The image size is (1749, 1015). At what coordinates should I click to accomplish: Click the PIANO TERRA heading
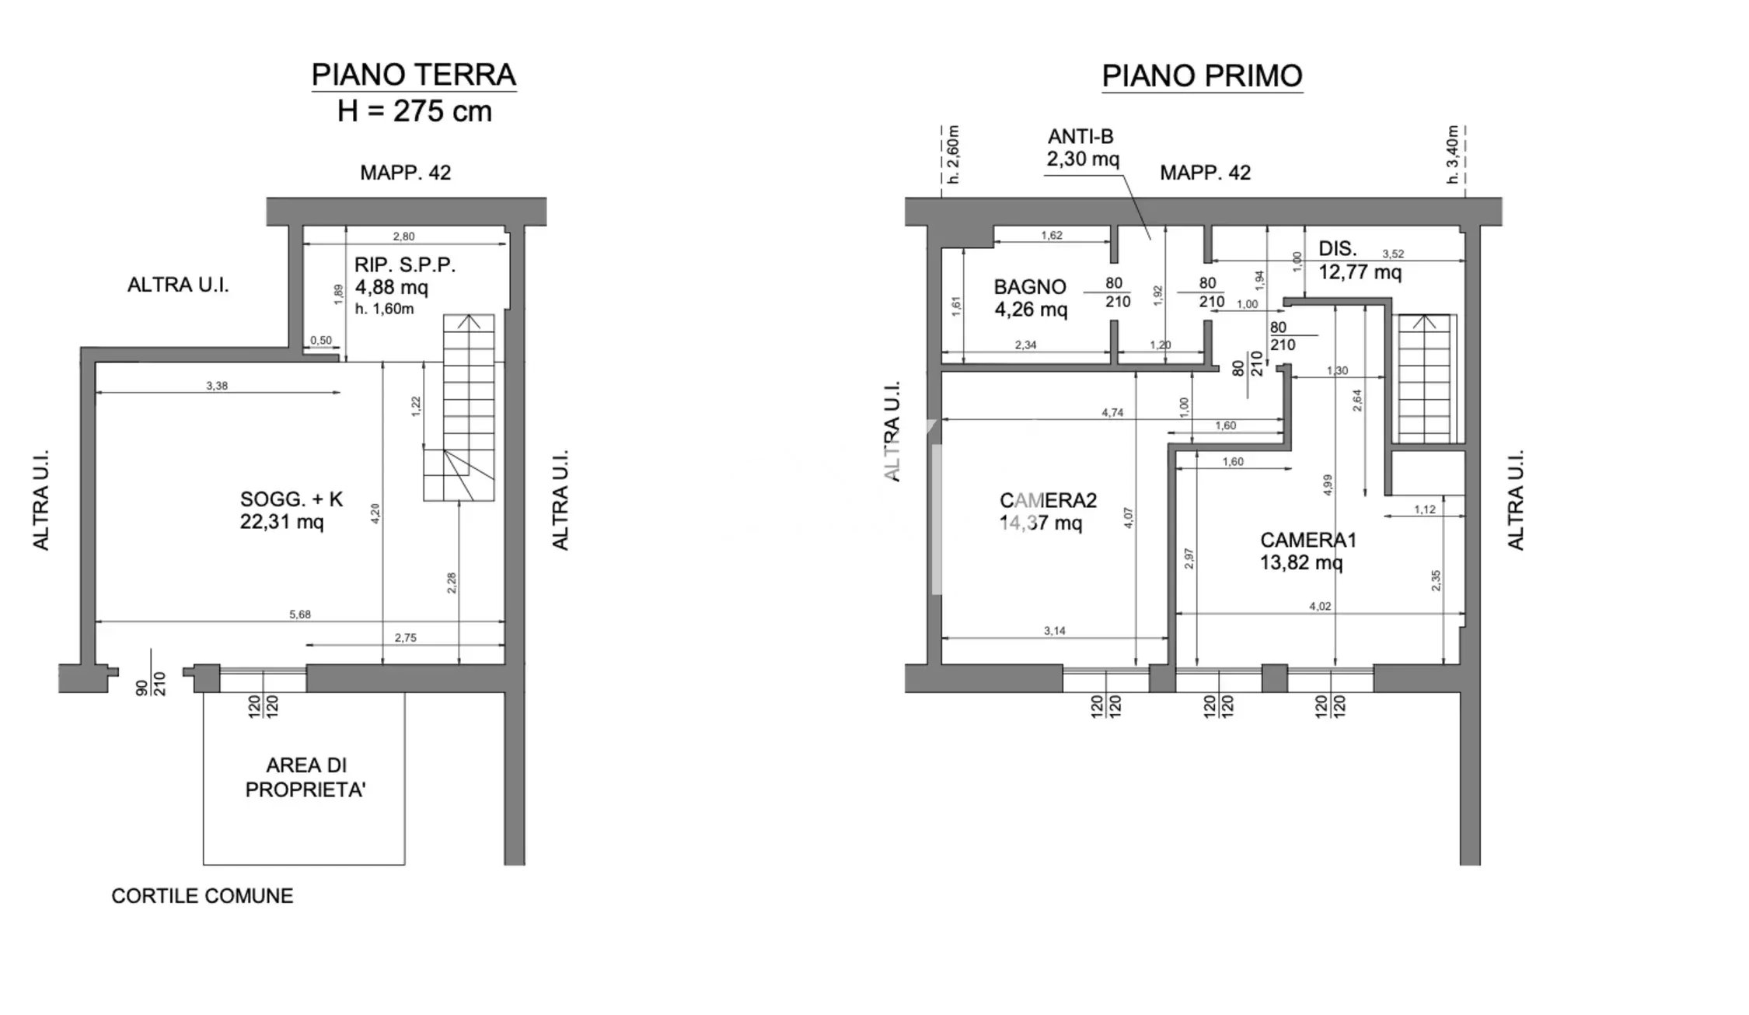click(x=414, y=75)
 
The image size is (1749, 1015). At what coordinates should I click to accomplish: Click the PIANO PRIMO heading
click(x=1202, y=76)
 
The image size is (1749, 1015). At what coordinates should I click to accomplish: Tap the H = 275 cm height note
click(x=414, y=111)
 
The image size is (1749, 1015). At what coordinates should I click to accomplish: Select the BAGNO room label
click(x=1029, y=287)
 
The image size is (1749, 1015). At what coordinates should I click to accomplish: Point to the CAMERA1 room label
click(x=1308, y=540)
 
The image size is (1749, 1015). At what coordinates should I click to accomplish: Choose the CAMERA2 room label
click(x=1048, y=500)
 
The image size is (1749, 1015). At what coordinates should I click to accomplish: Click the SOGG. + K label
click(x=291, y=499)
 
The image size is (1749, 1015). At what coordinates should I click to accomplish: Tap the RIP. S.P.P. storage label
click(x=405, y=265)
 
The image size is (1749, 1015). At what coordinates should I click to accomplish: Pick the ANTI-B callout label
click(x=1080, y=137)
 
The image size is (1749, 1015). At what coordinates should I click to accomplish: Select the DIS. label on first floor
click(x=1337, y=249)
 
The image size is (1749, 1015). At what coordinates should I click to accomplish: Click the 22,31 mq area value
click(x=281, y=522)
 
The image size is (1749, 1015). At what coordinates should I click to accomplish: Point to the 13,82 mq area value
click(x=1301, y=562)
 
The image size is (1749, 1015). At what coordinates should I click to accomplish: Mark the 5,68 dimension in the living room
click(x=300, y=614)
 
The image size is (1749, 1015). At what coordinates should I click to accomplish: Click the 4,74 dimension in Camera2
click(x=1112, y=413)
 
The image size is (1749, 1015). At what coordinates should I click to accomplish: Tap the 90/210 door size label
click(x=152, y=683)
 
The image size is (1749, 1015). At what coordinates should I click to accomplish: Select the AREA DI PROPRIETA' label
click(x=305, y=778)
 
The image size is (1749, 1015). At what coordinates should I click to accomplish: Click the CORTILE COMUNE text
click(x=202, y=896)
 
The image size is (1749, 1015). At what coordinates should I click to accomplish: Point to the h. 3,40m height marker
click(x=1452, y=154)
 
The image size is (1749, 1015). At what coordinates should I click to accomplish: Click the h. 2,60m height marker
click(x=955, y=154)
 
